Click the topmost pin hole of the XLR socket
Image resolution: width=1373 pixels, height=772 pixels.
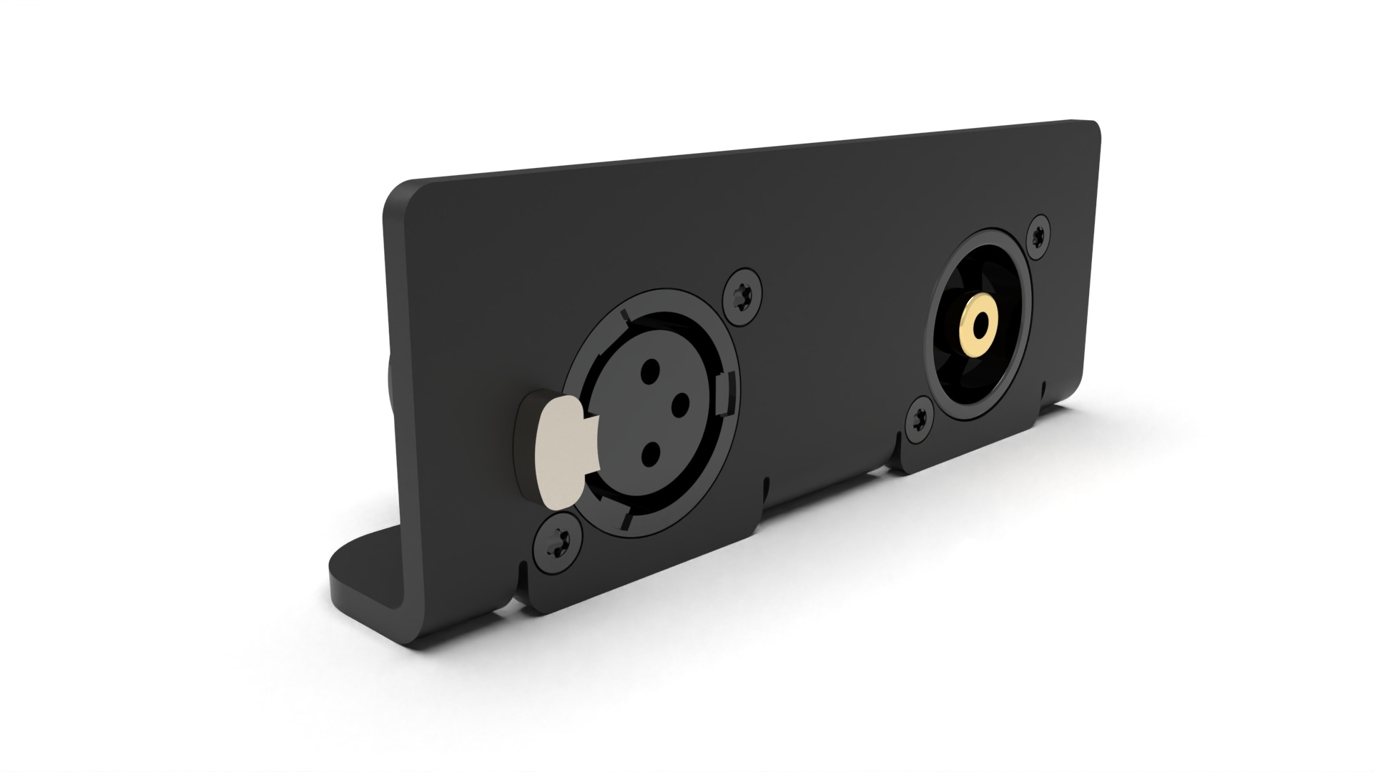(651, 370)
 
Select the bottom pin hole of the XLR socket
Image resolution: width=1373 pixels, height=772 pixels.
(651, 452)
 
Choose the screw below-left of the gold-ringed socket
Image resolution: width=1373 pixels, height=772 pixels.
(920, 422)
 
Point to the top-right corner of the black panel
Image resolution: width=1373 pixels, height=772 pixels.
(1091, 129)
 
